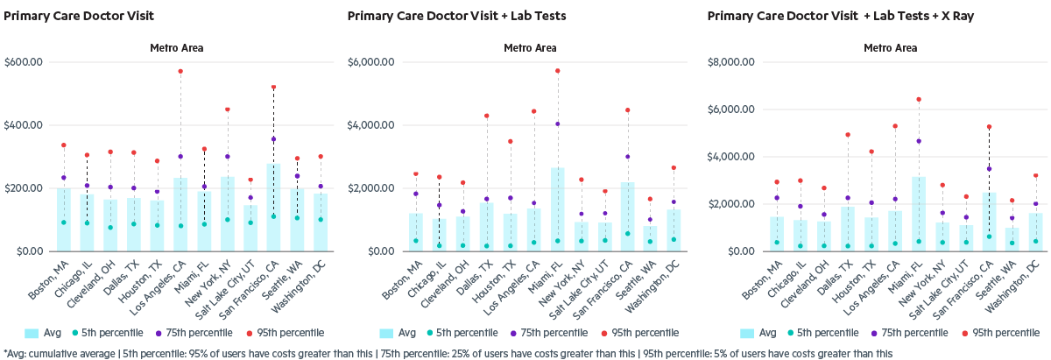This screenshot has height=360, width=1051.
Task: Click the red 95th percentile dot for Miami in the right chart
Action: [919, 99]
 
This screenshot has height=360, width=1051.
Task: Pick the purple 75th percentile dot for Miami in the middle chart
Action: [557, 124]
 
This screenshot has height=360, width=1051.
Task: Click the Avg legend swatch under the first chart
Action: [32, 333]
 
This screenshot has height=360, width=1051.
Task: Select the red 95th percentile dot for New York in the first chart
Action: [227, 109]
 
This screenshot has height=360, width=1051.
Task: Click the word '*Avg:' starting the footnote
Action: [15, 353]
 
